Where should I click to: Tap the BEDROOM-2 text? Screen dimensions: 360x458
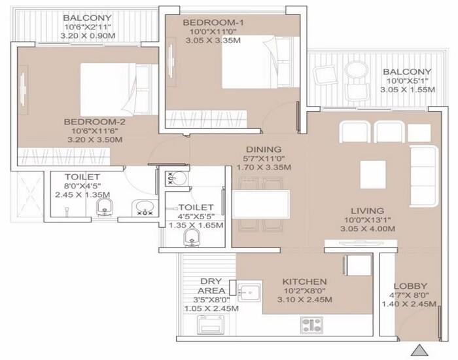[x=94, y=122]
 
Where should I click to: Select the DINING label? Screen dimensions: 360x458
[x=264, y=149]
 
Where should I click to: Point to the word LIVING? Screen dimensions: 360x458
[x=366, y=210]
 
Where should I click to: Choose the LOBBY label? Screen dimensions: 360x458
[x=411, y=286]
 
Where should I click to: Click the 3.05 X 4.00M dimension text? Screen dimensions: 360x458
[x=366, y=228]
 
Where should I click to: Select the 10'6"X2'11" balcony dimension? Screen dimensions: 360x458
[x=88, y=27]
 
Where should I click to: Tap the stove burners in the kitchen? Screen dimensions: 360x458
[x=311, y=323]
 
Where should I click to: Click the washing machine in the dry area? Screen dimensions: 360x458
[x=213, y=325]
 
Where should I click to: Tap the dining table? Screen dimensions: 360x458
[x=261, y=204]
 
